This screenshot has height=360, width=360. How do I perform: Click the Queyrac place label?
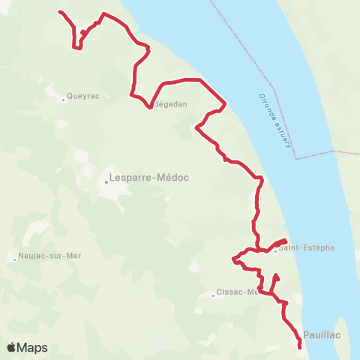pyautogui.click(x=82, y=95)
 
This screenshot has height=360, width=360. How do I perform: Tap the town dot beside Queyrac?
pyautogui.click(x=63, y=96)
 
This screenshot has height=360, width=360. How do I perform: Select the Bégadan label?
pyautogui.click(x=170, y=104)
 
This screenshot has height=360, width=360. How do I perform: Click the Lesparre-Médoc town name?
pyautogui.click(x=148, y=178)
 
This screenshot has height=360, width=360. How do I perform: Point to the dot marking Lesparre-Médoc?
pyautogui.click(x=106, y=181)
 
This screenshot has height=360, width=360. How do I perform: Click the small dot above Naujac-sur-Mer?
pyautogui.click(x=14, y=260)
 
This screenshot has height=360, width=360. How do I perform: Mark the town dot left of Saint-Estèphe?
pyautogui.click(x=275, y=251)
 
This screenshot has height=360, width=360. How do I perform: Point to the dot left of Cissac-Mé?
pyautogui.click(x=214, y=295)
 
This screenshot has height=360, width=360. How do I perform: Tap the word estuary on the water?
pyautogui.click(x=286, y=133)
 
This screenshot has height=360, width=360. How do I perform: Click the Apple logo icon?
pyautogui.click(x=12, y=347)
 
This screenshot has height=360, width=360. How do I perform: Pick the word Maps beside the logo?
pyautogui.click(x=32, y=347)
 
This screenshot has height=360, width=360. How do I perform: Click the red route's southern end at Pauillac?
pyautogui.click(x=300, y=346)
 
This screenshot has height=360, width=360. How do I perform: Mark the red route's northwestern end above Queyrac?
pyautogui.click(x=59, y=12)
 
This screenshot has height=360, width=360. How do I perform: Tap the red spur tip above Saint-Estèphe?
pyautogui.click(x=286, y=241)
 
